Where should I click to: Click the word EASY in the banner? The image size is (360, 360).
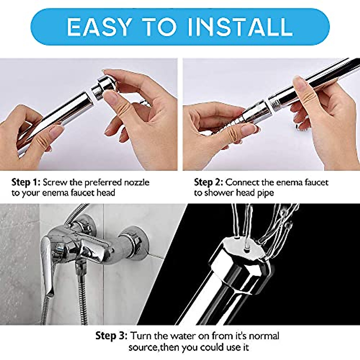(x=99, y=27)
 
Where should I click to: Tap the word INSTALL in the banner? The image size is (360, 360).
(x=240, y=27)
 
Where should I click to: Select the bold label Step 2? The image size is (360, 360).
(x=208, y=182)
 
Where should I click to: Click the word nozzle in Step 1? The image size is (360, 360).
(x=136, y=182)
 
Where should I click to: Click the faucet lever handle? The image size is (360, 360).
(x=48, y=264)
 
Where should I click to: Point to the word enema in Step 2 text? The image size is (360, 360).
(x=289, y=182)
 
